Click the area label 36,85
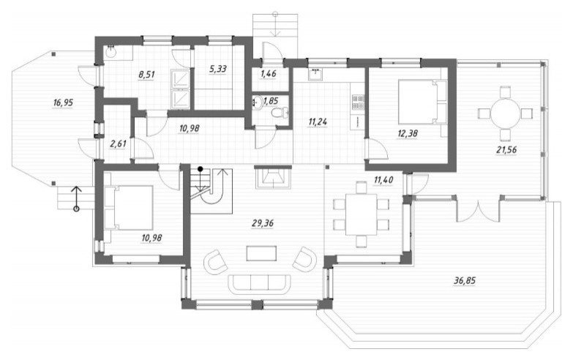pyautogui.click(x=465, y=281)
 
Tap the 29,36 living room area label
pyautogui.click(x=263, y=223)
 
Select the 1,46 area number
pyautogui.click(x=269, y=74)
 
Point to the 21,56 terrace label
pyautogui.click(x=506, y=149)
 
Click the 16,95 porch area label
pyautogui.click(x=63, y=102)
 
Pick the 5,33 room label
pyautogui.click(x=218, y=69)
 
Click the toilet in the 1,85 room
pyautogui.click(x=280, y=113)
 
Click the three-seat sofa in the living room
pyautogui.click(x=260, y=284)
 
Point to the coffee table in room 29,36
pyautogui.click(x=261, y=253)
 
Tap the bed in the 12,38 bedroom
pyautogui.click(x=422, y=102)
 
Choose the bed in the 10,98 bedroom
pyautogui.click(x=128, y=208)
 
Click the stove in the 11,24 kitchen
pyautogui.click(x=358, y=102)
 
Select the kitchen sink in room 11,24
pyautogui.click(x=315, y=74)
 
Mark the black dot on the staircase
pyautogui.click(x=201, y=169)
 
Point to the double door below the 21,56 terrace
pyautogui.click(x=478, y=210)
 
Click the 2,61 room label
pyautogui.click(x=118, y=143)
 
